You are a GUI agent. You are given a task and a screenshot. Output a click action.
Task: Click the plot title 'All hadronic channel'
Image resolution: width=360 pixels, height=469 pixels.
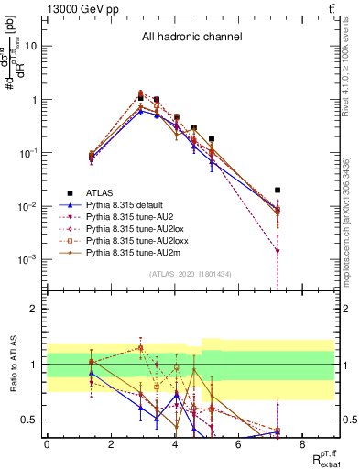191,38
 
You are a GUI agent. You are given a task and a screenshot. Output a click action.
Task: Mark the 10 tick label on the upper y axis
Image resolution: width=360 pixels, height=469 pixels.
29,45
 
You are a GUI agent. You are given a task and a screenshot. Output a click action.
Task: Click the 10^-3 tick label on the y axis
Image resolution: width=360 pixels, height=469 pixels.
26,259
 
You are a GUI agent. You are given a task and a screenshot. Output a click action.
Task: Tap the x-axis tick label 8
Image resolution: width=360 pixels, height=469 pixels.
302,443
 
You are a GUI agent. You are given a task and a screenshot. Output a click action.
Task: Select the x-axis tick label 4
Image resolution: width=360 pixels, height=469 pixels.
174,443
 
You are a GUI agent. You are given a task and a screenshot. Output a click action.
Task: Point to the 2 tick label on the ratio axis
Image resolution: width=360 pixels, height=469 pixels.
32,308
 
